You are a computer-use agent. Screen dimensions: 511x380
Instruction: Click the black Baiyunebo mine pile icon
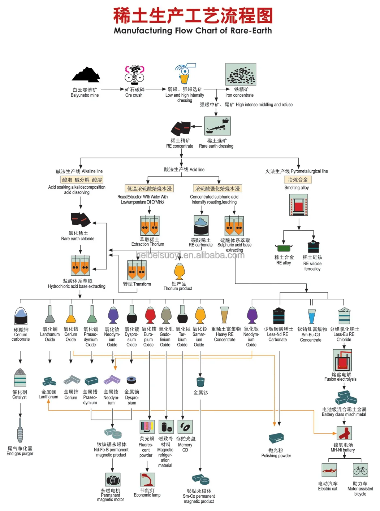tap(86, 75)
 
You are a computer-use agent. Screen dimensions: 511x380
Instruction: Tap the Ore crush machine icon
tap(134, 75)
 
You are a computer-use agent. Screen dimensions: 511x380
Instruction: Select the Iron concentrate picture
tap(241, 74)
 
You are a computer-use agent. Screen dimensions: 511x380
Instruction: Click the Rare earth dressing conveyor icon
tap(217, 126)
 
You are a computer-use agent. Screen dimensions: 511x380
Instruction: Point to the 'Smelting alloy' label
tap(297, 188)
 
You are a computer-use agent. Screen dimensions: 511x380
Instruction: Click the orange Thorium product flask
tap(180, 271)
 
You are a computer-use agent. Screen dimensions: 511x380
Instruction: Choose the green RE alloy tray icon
tap(284, 248)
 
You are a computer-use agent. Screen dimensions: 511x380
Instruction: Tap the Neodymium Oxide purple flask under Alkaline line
tap(113, 315)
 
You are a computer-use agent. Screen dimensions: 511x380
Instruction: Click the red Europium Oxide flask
tap(150, 315)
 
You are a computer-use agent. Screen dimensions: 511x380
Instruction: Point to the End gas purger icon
tap(20, 430)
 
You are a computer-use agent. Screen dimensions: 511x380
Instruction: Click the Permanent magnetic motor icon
tap(113, 480)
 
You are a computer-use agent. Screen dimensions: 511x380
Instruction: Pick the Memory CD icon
tap(185, 427)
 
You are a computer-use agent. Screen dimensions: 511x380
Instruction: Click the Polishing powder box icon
tap(276, 438)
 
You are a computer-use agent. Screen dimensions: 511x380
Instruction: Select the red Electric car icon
tap(329, 470)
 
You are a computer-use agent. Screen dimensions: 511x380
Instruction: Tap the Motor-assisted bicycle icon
tap(360, 470)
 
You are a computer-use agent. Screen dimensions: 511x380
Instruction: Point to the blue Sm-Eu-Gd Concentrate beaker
tap(312, 316)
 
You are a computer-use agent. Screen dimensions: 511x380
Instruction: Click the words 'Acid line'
tap(197, 170)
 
